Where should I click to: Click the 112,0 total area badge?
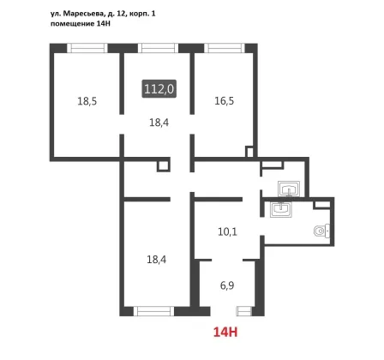159,89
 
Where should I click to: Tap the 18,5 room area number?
87,101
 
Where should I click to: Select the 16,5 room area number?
225,101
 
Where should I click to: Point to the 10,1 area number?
227,231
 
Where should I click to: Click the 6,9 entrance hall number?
227,285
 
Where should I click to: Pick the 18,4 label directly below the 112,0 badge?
159,123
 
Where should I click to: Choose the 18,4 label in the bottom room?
157,260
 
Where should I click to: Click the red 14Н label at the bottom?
225,333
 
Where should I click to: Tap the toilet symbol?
321,231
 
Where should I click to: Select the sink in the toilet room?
281,209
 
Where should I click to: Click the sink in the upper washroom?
289,189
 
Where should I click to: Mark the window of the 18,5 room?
87,48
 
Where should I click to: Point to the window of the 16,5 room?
225,48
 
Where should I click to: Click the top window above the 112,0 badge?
158,48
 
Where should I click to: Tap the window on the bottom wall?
153,311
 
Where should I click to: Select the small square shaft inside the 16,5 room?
249,152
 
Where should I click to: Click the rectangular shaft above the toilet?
322,205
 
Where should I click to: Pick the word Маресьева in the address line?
83,14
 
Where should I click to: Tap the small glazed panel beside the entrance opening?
243,311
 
